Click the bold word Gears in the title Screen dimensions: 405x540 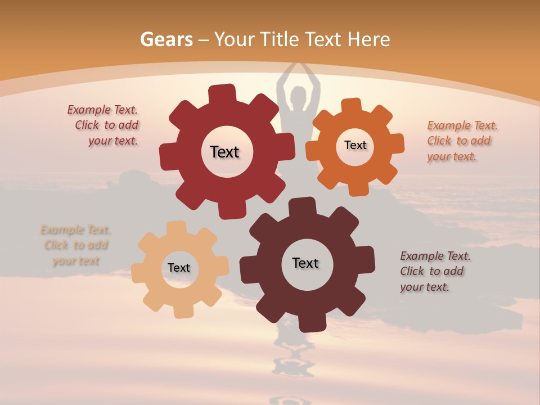[166, 39]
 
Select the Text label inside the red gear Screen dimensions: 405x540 [224, 152]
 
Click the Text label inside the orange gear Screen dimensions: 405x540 [355, 145]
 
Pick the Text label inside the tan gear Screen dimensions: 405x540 [179, 268]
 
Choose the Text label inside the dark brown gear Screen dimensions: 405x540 [305, 263]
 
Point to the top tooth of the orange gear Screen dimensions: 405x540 [351, 105]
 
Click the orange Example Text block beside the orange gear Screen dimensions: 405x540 [461, 141]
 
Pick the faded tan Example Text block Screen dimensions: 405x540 [75, 245]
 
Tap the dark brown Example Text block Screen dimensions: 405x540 [434, 271]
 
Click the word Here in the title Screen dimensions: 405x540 [369, 39]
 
